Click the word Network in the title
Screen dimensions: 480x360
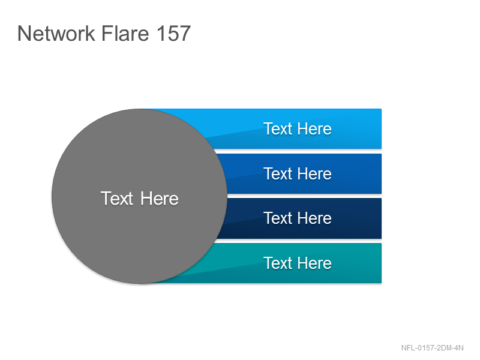[56, 33]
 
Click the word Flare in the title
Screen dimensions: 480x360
[125, 33]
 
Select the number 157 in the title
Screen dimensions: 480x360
[173, 33]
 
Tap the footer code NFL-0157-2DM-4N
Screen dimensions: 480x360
[432, 348]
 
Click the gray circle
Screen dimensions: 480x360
[139, 196]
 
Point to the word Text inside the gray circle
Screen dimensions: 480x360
[117, 199]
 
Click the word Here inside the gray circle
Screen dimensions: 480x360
[159, 199]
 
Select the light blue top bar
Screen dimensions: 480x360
[294, 128]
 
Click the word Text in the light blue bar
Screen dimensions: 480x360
[278, 128]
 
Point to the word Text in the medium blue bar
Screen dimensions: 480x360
[278, 173]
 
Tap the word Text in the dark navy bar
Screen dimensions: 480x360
[278, 218]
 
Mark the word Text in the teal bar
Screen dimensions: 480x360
[278, 263]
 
